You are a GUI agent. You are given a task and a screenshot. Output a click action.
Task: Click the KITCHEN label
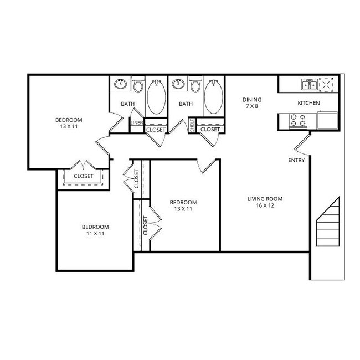tap(308, 103)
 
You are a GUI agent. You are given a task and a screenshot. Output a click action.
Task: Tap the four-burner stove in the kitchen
tap(298, 120)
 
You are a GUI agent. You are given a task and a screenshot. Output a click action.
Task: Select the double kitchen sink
tap(309, 84)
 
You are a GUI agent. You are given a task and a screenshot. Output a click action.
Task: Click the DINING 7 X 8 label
tap(251, 103)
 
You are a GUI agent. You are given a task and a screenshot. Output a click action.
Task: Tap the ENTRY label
tap(296, 160)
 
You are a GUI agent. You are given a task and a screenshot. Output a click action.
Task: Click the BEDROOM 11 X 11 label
tap(95, 230)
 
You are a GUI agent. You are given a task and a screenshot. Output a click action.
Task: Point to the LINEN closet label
tap(137, 123)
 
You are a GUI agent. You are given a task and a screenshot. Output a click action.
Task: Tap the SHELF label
tap(192, 125)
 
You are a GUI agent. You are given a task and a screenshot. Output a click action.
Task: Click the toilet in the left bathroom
tap(138, 85)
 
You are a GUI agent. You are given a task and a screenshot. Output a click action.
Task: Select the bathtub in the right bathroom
tap(213, 96)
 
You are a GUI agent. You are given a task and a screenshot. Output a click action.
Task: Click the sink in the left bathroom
tap(120, 85)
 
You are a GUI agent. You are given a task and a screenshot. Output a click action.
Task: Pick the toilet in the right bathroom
tap(195, 85)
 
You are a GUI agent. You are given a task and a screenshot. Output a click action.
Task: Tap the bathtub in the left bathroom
tap(155, 96)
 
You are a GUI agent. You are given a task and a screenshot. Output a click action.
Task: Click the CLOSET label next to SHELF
tap(210, 129)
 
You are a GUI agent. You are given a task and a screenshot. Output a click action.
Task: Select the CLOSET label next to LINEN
tap(155, 129)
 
